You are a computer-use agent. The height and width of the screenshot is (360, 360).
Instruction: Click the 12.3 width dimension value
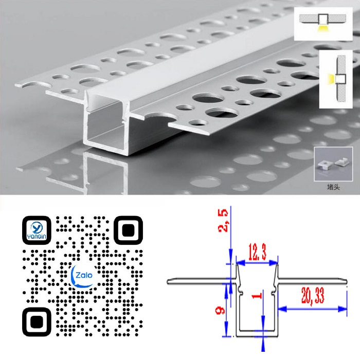[x=257, y=252]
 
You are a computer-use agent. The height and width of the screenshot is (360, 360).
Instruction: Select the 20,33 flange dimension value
[x=313, y=296]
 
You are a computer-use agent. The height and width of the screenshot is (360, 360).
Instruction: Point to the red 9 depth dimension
[x=220, y=311]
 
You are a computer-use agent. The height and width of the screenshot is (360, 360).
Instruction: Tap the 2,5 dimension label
[x=223, y=220]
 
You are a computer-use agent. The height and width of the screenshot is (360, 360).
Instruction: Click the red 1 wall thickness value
[x=257, y=295]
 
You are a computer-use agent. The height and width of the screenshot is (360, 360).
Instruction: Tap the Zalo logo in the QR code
[x=83, y=276]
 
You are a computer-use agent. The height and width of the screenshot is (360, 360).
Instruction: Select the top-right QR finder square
[x=129, y=230]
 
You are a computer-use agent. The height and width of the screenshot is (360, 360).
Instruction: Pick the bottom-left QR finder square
[x=37, y=322]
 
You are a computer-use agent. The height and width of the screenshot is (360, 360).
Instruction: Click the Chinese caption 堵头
[x=333, y=187]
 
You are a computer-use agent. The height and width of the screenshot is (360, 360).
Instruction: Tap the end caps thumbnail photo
[x=333, y=164]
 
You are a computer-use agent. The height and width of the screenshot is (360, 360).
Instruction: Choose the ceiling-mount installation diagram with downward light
[x=323, y=24]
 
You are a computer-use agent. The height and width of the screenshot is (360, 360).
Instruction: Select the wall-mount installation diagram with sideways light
[x=336, y=79]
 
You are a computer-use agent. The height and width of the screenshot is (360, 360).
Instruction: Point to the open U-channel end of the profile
[x=106, y=129]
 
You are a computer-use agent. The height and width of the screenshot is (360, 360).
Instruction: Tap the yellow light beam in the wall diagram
[x=331, y=79]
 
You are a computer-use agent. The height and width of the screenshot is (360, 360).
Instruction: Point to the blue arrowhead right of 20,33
[x=343, y=309]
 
